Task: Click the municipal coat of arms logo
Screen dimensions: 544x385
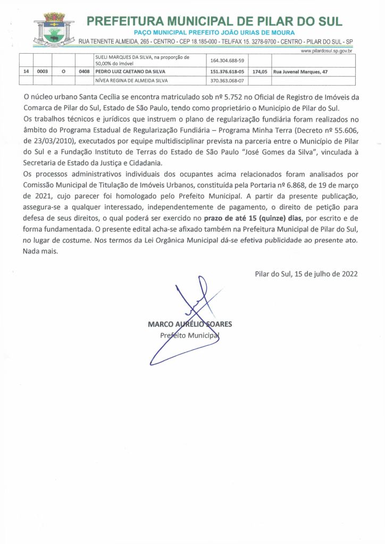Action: [53, 29]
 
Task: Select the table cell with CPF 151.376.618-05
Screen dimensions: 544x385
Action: [227, 71]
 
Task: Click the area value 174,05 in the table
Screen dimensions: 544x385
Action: [260, 71]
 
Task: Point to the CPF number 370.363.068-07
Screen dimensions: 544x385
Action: [227, 81]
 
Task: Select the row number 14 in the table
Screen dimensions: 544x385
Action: [26, 71]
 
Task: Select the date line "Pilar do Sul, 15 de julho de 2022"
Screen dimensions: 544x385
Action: [306, 275]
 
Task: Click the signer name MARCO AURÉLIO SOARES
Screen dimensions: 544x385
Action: [190, 324]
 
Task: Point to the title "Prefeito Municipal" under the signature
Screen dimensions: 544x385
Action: [189, 336]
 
